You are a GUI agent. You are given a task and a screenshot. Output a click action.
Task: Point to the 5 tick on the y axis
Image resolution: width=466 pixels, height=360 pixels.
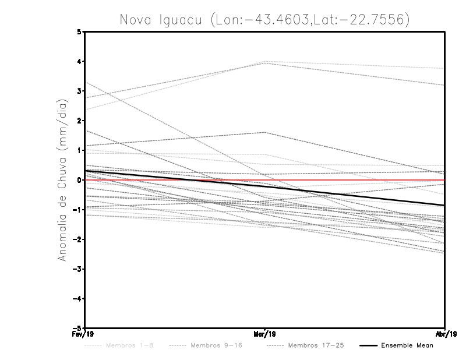[79, 31]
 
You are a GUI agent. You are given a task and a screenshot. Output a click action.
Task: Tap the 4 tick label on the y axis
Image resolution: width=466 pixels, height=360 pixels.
[79, 61]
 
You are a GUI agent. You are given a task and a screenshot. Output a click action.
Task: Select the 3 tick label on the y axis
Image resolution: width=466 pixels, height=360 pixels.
[79, 91]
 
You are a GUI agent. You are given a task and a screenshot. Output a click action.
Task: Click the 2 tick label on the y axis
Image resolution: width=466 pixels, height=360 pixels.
[79, 121]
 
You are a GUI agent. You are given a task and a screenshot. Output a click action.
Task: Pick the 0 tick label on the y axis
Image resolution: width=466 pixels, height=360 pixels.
[79, 180]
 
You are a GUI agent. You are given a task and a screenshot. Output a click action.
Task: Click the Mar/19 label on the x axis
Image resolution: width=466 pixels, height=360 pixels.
[265, 334]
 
